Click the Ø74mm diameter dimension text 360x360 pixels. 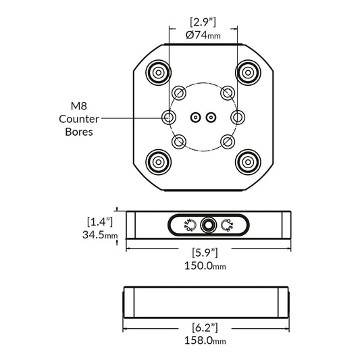point(203,34)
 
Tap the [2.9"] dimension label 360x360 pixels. point(203,22)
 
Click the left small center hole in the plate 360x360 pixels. point(195,118)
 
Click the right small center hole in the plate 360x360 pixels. point(211,118)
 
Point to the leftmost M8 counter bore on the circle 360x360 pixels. point(169,118)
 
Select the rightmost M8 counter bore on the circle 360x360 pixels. point(238,118)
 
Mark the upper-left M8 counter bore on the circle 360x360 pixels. point(179,93)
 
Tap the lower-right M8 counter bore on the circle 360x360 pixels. point(228,142)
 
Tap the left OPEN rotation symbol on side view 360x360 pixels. point(188,225)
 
